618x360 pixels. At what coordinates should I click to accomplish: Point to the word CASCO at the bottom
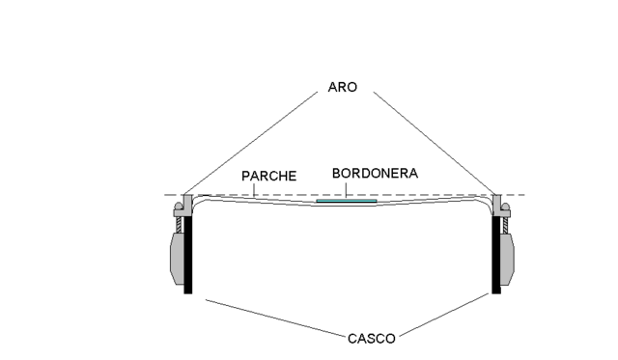pyautogui.click(x=372, y=339)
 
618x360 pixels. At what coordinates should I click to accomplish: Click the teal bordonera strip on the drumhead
pyautogui.click(x=346, y=202)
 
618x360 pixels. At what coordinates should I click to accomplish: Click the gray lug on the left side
pyautogui.click(x=175, y=257)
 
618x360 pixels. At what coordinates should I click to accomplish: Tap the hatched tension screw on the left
pyautogui.click(x=180, y=221)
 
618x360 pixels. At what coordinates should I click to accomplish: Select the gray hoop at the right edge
pyautogui.click(x=499, y=203)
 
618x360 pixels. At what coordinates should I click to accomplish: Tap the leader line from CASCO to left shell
pyautogui.click(x=275, y=318)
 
